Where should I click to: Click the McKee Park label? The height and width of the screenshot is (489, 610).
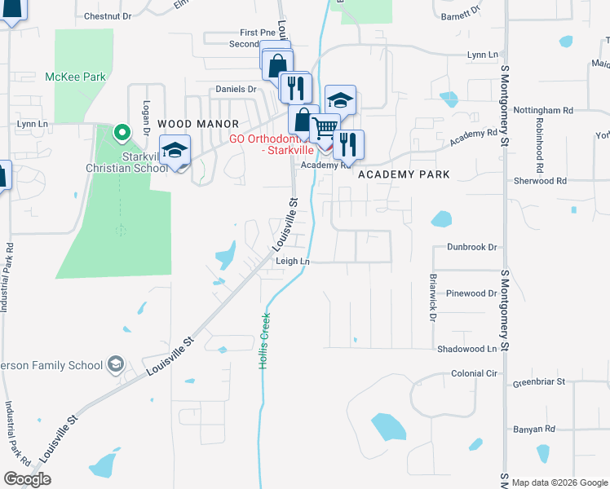coord(77,77)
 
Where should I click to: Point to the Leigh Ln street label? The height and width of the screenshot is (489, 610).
coord(294,261)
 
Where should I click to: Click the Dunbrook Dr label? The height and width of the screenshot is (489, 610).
coord(471,246)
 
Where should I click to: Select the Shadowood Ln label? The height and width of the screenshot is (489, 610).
coord(466,348)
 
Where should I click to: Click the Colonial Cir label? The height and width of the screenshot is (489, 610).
coord(474,373)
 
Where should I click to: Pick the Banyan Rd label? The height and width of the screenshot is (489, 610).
coord(533,429)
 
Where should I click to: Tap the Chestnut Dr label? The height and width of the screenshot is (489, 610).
coord(108,15)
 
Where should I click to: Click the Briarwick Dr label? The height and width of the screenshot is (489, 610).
coord(432,297)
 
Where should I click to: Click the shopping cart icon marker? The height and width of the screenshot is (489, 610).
coord(324,127)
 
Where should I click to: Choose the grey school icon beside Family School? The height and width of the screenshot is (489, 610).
coord(116,364)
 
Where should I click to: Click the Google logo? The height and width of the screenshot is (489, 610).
coord(27,479)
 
